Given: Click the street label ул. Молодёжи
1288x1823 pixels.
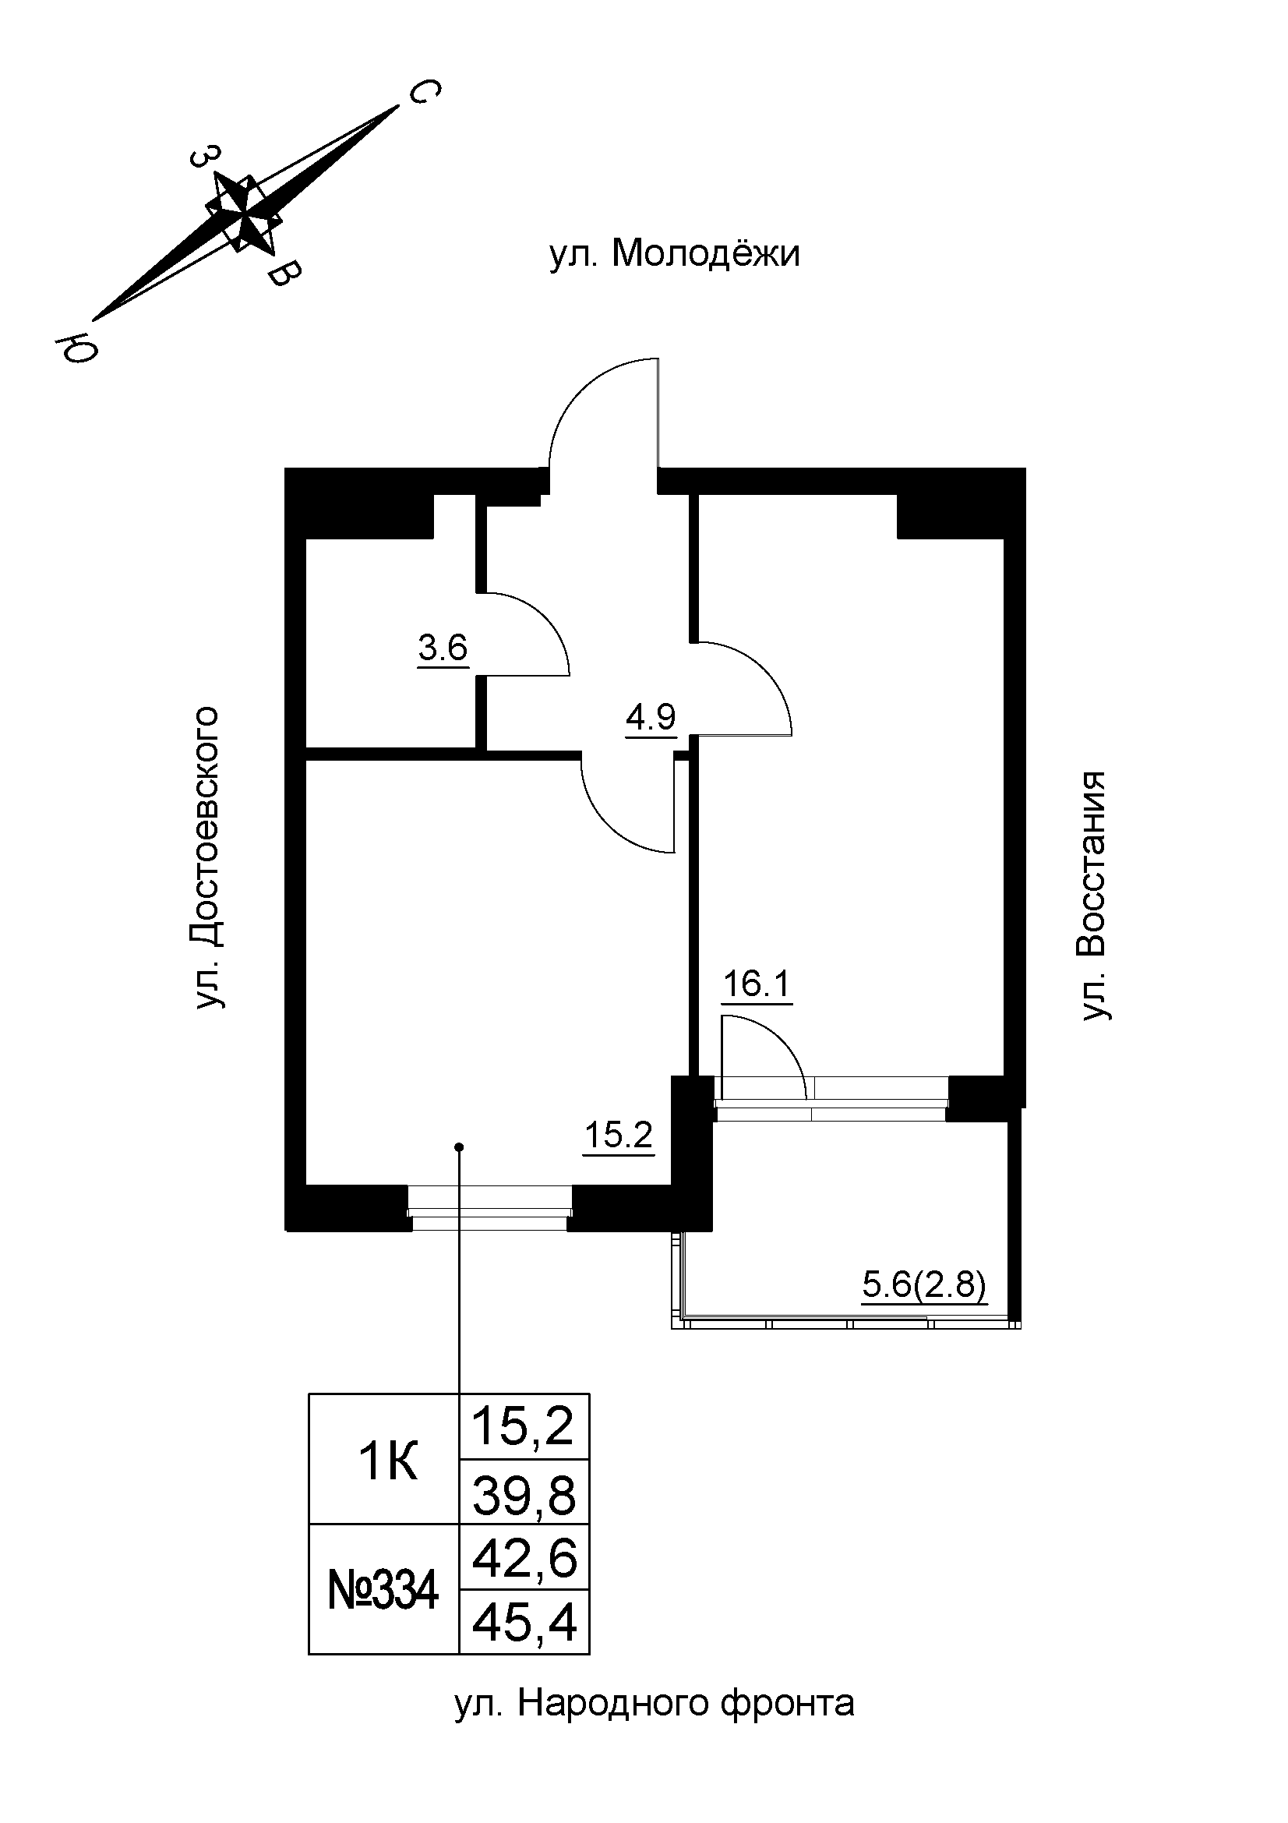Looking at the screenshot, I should coord(675,255).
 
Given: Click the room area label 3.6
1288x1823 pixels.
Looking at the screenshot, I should coord(443,648).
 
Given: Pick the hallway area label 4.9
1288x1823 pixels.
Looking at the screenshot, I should coord(650,718).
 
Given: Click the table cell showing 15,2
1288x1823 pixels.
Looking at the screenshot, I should coord(524,1426).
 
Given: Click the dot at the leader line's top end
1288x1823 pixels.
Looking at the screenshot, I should coord(459,1146).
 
